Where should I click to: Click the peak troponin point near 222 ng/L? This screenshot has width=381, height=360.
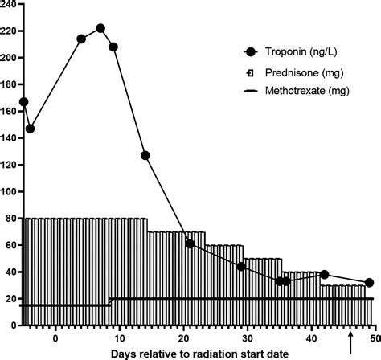click(x=100, y=28)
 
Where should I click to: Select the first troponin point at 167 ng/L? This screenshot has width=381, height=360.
click(x=23, y=102)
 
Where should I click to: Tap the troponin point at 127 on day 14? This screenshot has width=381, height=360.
click(x=145, y=155)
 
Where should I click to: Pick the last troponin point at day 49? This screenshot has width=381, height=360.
click(x=369, y=283)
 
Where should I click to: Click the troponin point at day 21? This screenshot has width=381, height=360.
click(x=190, y=243)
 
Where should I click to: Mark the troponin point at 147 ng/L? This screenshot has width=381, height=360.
click(x=30, y=129)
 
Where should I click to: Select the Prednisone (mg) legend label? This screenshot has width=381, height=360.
click(x=300, y=72)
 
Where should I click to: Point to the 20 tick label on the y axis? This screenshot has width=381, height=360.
click(x=12, y=299)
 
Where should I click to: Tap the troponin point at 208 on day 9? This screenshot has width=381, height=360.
click(x=113, y=47)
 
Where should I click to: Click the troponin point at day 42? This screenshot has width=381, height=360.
click(x=324, y=275)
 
